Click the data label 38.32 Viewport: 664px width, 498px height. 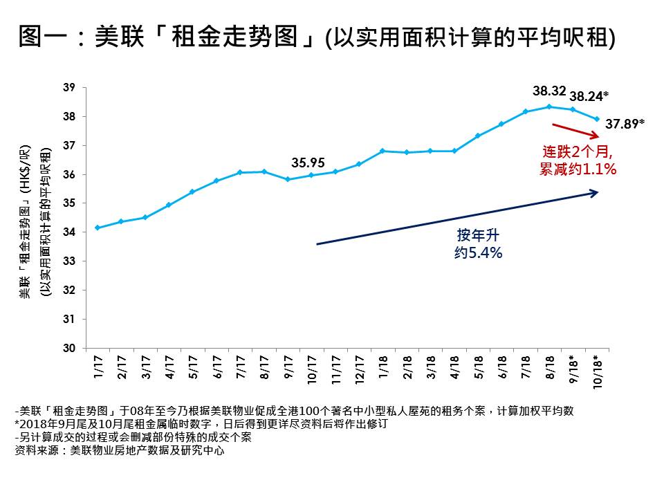click(x=550, y=91)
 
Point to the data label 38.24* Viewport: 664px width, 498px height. click(x=589, y=96)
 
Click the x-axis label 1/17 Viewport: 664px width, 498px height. click(x=98, y=366)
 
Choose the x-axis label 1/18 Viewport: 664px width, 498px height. click(x=382, y=366)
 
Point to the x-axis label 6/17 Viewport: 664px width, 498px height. click(x=216, y=366)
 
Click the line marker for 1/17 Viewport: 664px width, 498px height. click(x=98, y=228)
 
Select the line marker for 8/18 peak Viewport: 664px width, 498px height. click(x=549, y=107)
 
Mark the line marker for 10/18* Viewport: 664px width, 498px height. click(x=596, y=119)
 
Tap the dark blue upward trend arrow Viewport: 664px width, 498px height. click(x=456, y=218)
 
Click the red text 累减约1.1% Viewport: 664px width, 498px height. click(x=578, y=168)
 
